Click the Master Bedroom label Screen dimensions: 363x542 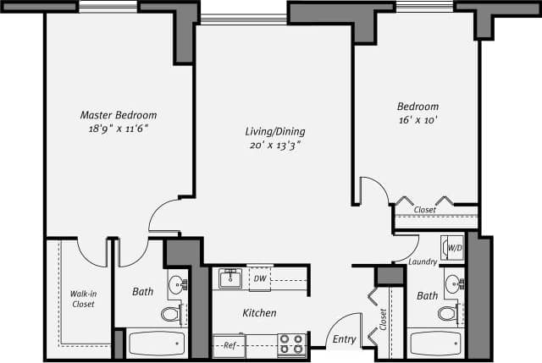pos(118,115)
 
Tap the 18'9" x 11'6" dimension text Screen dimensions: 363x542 pos(118,129)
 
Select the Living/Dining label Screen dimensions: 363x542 pos(274,132)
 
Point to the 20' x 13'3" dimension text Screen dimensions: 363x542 pos(274,146)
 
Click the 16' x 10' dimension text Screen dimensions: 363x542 pos(418,120)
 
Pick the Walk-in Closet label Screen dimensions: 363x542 pos(82,299)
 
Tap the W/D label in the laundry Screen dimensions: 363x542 pos(454,248)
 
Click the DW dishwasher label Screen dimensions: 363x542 pos(259,278)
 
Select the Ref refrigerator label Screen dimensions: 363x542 pos(229,345)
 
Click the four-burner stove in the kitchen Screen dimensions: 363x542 pos(291,344)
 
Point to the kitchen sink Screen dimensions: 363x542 pos(230,278)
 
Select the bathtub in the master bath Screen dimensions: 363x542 pos(156,344)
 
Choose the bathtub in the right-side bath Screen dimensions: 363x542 pos(434,344)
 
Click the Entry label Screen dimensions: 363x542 pos(344,339)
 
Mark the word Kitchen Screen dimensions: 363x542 pos(259,313)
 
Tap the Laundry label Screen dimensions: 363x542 pos(422,262)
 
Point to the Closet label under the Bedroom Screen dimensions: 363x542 pos(425,210)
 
